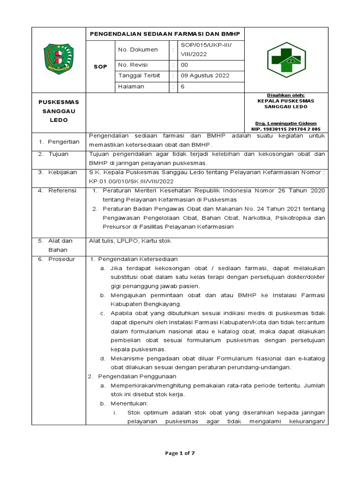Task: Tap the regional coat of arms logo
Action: [59, 60]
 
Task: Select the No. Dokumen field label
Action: [138, 50]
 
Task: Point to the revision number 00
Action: [184, 66]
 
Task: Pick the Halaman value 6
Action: [183, 86]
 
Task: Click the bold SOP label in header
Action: [101, 67]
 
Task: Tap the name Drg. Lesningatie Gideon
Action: [285, 123]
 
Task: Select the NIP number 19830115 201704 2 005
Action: [286, 128]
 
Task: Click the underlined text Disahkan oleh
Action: [285, 95]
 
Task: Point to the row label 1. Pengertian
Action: [59, 142]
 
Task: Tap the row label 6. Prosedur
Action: [56, 259]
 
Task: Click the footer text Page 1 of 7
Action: [180, 453]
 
